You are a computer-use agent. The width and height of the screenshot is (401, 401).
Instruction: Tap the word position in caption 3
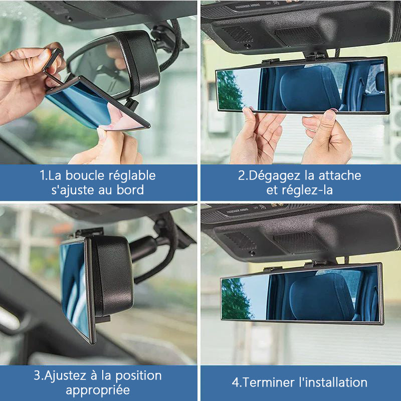(x=138, y=376)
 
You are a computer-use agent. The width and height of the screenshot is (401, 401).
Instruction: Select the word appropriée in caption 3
(x=98, y=391)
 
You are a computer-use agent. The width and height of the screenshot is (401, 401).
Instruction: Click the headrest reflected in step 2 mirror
(x=310, y=88)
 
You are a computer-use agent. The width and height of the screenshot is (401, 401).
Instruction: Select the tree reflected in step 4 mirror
(x=235, y=299)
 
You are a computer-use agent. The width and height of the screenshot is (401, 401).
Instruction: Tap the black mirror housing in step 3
(x=112, y=276)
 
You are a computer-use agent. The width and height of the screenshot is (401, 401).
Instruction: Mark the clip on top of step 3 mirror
(x=88, y=232)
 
